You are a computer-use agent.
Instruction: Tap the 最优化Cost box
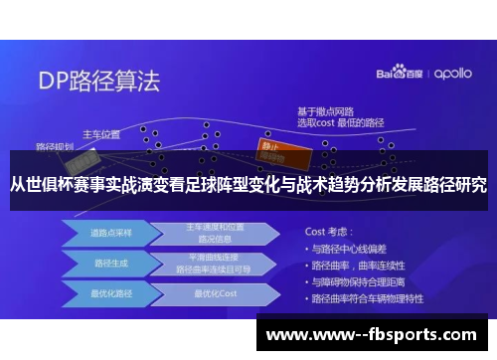pos(215,294)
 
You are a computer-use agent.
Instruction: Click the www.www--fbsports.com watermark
pos(371,335)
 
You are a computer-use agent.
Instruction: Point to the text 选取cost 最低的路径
pos(341,121)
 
